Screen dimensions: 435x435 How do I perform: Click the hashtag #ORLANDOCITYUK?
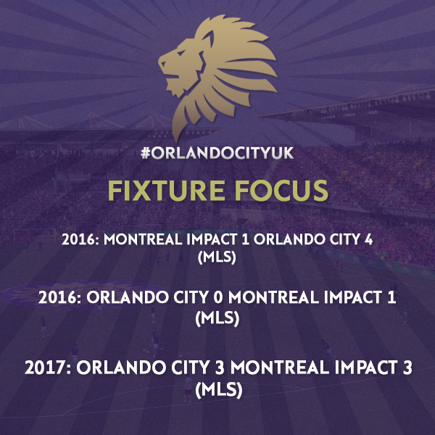217,153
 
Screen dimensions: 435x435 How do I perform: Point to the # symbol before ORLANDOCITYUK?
146,153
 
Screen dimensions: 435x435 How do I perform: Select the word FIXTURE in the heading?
166,190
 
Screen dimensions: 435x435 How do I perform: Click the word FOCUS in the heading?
282,190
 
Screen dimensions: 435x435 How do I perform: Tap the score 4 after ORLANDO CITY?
368,239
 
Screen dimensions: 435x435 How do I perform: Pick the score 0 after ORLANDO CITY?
218,297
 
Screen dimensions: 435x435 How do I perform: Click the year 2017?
46,368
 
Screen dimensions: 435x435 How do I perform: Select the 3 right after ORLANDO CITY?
220,368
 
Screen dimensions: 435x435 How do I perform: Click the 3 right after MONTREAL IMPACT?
407,368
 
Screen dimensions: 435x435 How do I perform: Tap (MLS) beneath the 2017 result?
219,390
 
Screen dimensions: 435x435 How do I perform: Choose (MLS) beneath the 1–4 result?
217,257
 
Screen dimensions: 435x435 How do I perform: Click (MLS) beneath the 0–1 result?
217,318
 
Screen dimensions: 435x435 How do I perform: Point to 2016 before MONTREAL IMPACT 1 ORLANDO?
78,239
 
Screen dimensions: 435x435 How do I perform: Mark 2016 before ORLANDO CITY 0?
58,297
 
